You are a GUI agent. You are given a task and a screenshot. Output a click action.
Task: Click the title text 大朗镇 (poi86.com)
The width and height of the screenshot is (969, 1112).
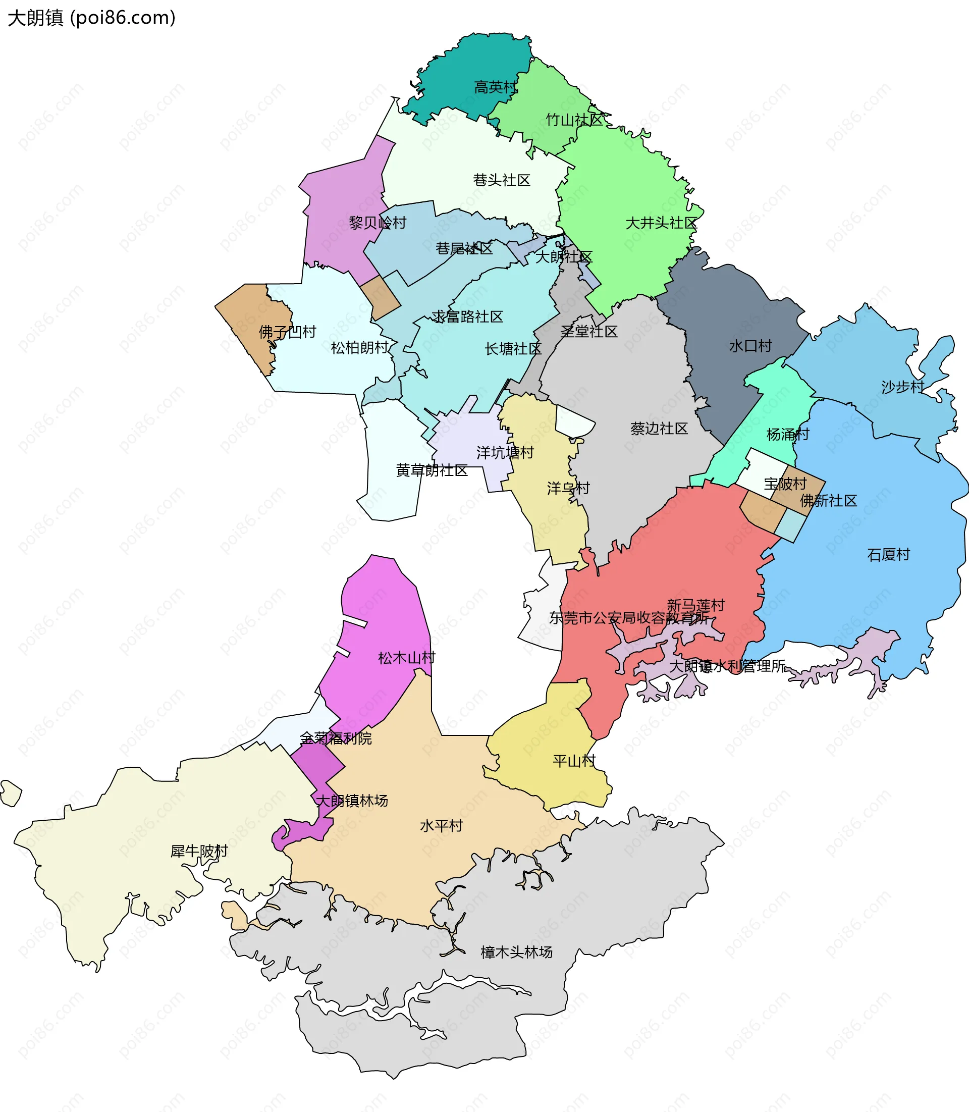(91, 18)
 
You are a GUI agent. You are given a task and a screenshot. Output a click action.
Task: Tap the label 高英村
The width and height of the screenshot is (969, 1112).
(495, 87)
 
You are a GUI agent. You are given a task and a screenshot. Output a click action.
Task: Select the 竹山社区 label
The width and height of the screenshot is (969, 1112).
(574, 120)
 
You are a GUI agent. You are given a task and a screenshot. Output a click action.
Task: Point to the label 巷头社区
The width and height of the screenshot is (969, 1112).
(501, 180)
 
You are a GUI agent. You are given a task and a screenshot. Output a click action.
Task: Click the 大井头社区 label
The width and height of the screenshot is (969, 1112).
(661, 223)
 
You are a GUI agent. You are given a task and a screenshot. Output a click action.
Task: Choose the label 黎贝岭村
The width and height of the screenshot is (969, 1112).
(377, 223)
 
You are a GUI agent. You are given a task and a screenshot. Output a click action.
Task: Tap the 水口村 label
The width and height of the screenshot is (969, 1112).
(750, 346)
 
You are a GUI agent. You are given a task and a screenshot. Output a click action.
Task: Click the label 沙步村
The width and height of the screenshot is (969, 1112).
(902, 387)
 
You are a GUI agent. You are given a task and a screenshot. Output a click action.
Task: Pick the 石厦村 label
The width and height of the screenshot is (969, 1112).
(888, 555)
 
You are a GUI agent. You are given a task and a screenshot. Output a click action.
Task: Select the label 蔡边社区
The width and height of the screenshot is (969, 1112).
(659, 429)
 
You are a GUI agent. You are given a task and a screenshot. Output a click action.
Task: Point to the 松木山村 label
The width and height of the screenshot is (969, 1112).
(406, 658)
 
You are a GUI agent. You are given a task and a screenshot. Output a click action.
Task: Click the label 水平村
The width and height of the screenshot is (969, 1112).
(441, 826)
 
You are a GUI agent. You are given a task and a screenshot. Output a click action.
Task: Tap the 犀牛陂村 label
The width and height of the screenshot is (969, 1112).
(199, 852)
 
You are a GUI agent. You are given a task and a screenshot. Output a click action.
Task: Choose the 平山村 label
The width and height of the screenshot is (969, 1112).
(574, 762)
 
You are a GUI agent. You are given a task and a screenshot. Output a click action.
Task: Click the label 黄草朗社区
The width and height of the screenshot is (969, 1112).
(432, 470)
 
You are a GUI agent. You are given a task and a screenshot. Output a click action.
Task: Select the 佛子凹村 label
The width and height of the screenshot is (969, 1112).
(287, 332)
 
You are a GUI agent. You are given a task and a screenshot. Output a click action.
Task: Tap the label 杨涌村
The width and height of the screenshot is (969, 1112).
(787, 435)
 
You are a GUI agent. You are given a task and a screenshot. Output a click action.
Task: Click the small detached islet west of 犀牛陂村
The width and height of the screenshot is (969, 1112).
(11, 793)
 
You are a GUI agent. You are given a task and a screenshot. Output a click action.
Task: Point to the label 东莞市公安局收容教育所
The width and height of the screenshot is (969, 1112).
(628, 618)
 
